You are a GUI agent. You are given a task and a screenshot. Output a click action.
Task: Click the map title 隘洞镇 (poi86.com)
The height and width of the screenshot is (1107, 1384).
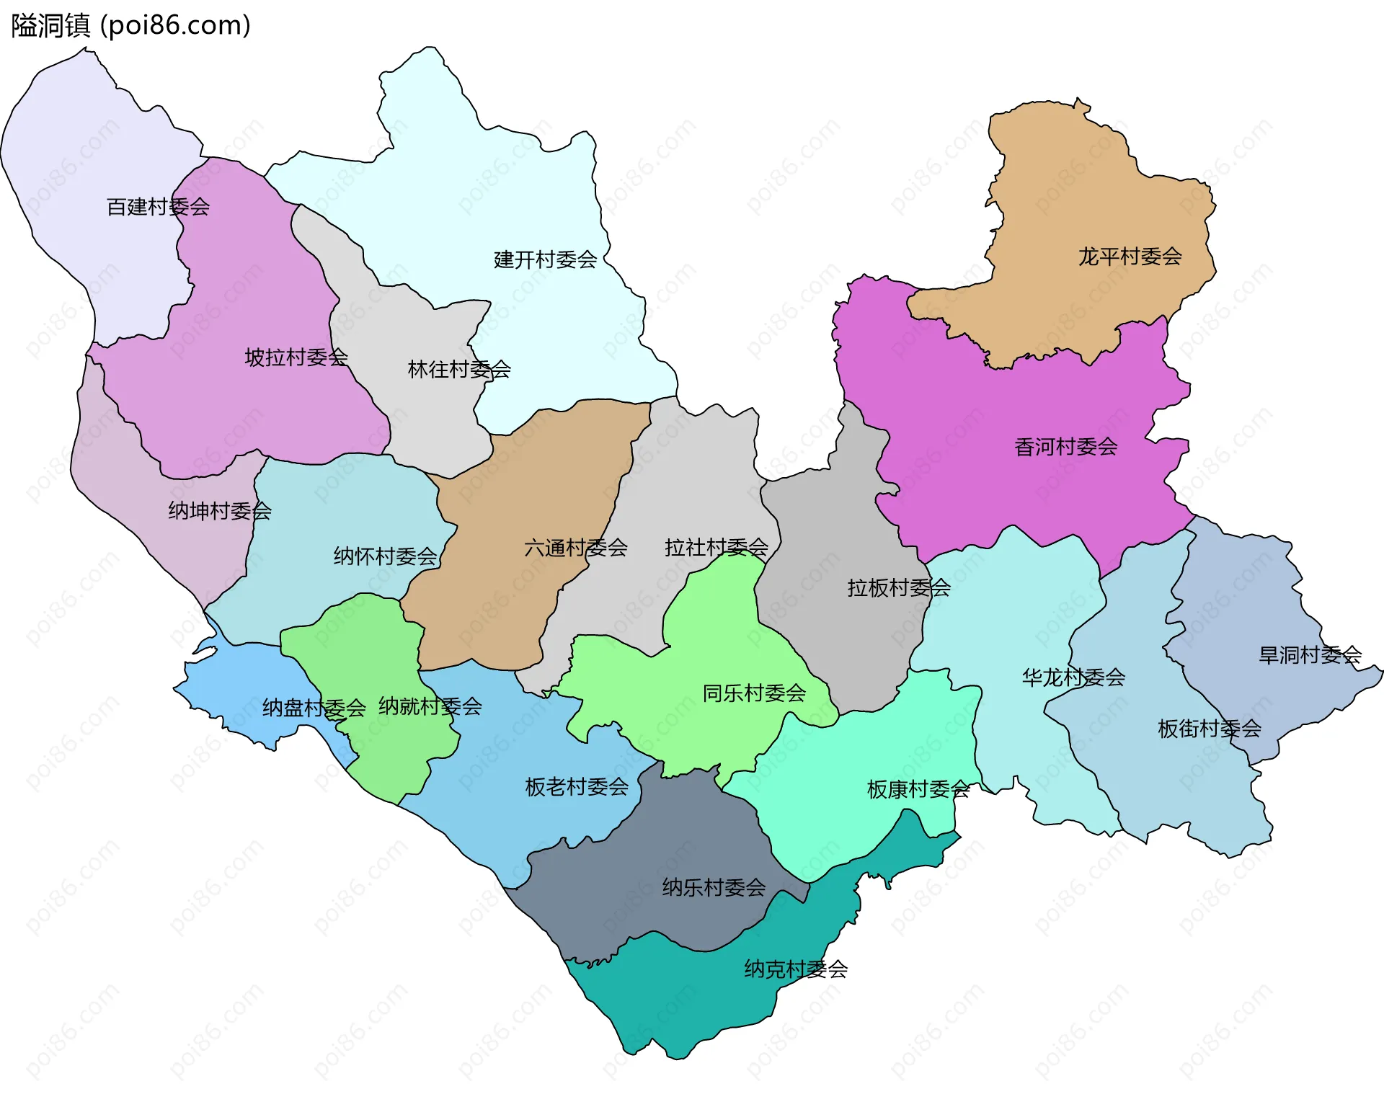(x=130, y=25)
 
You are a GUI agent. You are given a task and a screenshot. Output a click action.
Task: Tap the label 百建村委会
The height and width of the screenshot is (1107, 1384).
(x=158, y=207)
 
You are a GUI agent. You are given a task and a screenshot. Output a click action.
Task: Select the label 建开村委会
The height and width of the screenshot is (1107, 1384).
(x=545, y=259)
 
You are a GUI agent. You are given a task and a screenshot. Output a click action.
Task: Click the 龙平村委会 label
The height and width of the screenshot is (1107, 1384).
(x=1130, y=256)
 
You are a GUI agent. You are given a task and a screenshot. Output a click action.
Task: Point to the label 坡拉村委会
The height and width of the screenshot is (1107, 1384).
(x=296, y=357)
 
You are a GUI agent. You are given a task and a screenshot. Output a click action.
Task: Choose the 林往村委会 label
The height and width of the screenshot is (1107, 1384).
(x=459, y=369)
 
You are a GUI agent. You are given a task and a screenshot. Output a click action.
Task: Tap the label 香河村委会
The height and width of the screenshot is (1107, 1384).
(x=1065, y=447)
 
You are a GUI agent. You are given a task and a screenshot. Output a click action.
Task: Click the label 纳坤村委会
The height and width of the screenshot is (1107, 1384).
(x=220, y=511)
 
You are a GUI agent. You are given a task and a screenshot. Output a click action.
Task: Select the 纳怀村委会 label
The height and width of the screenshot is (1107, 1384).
(x=385, y=556)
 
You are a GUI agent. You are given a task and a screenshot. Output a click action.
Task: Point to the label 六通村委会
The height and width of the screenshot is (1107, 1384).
(x=575, y=548)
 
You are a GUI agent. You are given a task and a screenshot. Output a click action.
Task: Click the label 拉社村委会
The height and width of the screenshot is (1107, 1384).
(x=716, y=548)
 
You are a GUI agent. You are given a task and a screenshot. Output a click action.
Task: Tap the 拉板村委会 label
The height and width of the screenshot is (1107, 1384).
(x=898, y=588)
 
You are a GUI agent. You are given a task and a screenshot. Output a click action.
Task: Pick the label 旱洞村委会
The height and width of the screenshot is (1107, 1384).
(x=1309, y=654)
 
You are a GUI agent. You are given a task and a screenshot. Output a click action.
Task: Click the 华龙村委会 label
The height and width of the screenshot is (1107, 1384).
(x=1073, y=677)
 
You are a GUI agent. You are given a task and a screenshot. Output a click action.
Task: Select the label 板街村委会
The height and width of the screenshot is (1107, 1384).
(x=1209, y=729)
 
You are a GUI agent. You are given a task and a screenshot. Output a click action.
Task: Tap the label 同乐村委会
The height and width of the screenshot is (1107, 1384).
(x=754, y=693)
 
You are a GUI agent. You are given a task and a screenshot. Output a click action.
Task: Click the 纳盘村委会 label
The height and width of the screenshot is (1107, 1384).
(x=314, y=707)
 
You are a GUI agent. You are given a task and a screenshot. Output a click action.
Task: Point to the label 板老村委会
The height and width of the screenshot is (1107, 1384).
(x=577, y=786)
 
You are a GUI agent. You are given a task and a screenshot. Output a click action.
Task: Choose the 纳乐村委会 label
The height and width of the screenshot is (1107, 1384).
(x=714, y=887)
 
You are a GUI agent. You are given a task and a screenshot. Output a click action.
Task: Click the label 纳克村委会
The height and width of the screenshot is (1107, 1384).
(x=796, y=969)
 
